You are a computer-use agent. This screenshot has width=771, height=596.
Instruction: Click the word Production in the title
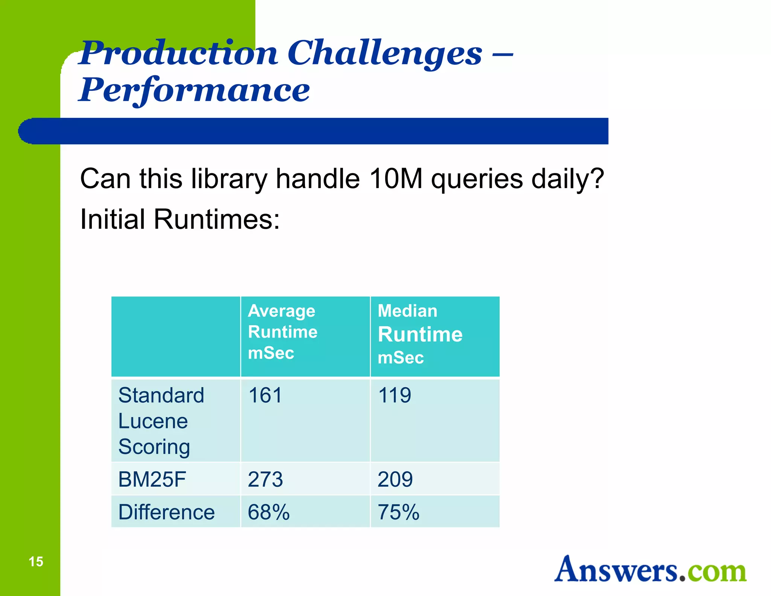coord(179,53)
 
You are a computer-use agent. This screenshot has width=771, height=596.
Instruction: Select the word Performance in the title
coord(194,90)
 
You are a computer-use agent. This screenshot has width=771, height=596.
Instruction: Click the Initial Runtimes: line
coord(180,219)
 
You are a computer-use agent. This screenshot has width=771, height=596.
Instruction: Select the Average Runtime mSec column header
coord(282,332)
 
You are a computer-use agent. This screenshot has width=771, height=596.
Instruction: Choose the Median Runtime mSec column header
coord(420,335)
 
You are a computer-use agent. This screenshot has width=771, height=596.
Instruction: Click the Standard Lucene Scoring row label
coord(161,421)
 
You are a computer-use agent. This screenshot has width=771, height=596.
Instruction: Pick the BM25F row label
coord(152,480)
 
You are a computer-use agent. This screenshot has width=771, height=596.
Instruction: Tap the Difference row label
coord(166,512)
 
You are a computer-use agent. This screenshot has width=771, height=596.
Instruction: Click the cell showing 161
coord(265,396)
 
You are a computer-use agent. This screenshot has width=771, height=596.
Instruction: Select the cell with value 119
coord(395,396)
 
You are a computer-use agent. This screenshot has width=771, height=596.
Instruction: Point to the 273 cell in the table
coord(265,480)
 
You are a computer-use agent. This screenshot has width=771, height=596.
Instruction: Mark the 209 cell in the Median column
coord(395,480)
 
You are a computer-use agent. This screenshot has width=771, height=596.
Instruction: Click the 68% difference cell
coord(268,512)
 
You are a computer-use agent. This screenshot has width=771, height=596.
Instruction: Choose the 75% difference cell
coord(398,512)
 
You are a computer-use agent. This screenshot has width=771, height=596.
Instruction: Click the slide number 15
coord(36,562)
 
